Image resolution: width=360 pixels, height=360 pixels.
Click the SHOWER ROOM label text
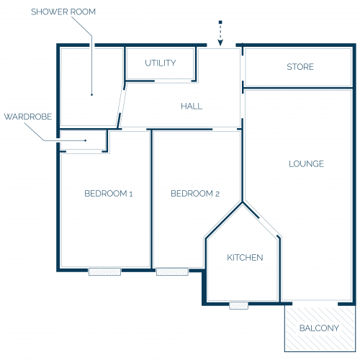(x=63, y=12)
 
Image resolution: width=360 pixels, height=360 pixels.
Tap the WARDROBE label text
(x=28, y=117)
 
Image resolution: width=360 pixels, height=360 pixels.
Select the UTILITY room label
(x=161, y=63)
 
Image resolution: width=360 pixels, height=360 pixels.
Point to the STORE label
(x=300, y=67)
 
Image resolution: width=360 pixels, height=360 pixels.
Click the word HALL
(x=192, y=106)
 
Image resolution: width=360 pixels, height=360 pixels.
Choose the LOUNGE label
(x=306, y=164)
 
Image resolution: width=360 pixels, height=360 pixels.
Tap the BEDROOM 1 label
(x=109, y=194)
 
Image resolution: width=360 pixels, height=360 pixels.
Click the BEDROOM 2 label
(x=195, y=194)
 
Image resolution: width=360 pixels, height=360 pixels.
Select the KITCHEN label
(x=245, y=258)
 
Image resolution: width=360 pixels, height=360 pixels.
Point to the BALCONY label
(x=319, y=328)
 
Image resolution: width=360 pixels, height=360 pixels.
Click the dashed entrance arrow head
(x=220, y=42)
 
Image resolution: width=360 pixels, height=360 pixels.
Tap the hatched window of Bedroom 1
(x=104, y=271)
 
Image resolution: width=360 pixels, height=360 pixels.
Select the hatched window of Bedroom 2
(x=172, y=271)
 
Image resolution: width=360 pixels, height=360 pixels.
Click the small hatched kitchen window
(x=238, y=305)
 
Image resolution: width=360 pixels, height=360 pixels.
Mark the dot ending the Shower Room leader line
(x=91, y=95)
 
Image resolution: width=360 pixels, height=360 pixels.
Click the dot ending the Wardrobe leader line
(x=86, y=140)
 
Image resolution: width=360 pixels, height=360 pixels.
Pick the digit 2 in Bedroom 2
(x=217, y=194)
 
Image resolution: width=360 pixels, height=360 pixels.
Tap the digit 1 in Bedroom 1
(x=131, y=194)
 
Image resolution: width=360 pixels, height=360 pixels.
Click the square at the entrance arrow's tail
(x=220, y=22)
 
